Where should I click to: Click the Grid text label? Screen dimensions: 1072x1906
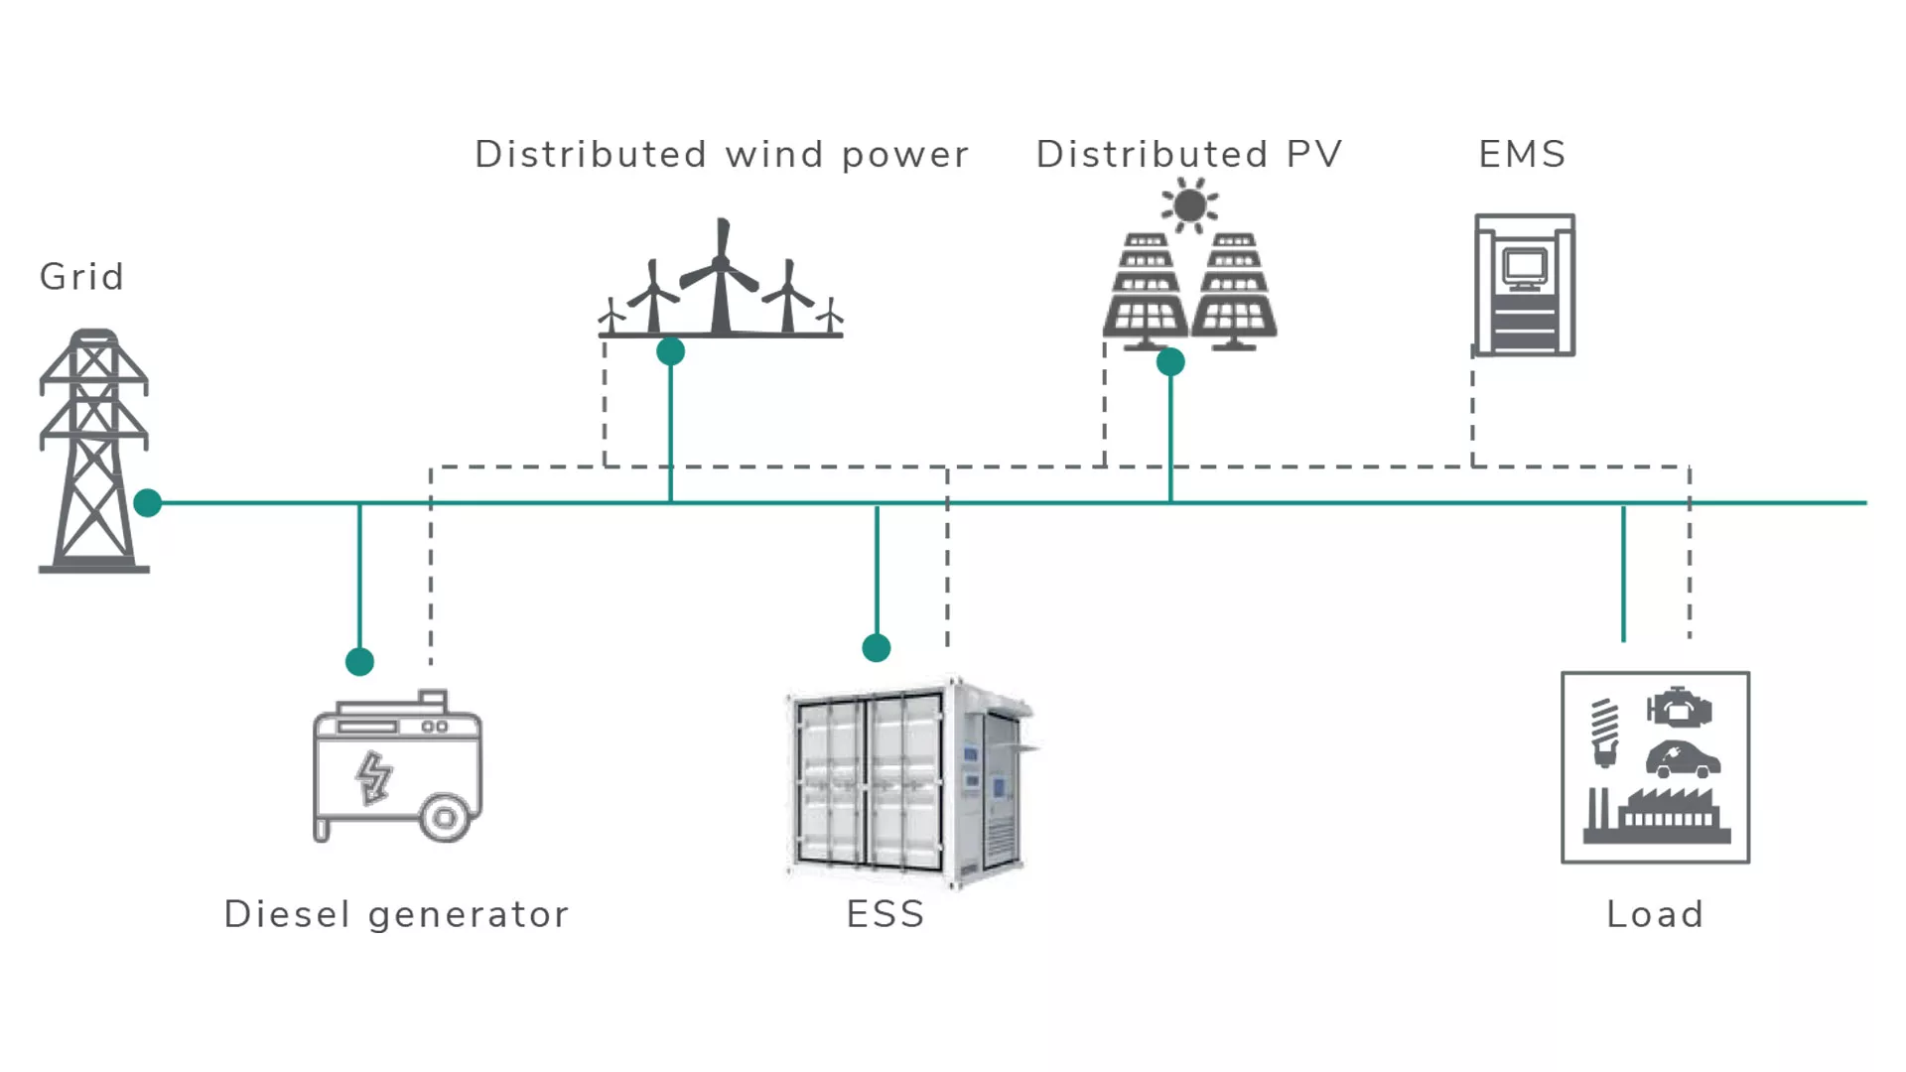pos(81,277)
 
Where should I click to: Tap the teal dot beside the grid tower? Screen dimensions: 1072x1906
pos(148,503)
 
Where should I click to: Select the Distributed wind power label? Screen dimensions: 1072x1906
pos(722,155)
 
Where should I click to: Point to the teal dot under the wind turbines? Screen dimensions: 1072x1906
pos(671,351)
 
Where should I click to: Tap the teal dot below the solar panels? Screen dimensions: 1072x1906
pos(1171,362)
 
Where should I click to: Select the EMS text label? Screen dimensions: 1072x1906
pos(1522,155)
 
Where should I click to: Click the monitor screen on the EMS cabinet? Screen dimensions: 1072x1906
pos(1524,267)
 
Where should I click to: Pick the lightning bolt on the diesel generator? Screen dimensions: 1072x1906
pos(374,777)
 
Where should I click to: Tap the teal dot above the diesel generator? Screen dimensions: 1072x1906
pos(359,661)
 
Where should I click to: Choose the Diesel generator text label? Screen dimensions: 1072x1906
pos(396,914)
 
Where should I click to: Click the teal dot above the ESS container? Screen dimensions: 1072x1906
pos(877,648)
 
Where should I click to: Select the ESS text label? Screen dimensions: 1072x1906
pos(885,914)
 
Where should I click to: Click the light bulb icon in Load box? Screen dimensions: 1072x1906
pos(1604,733)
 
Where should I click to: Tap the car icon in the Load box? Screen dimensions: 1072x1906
pos(1683,760)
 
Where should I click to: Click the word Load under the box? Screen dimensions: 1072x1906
pos(1655,914)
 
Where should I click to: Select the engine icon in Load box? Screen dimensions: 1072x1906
pos(1680,708)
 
